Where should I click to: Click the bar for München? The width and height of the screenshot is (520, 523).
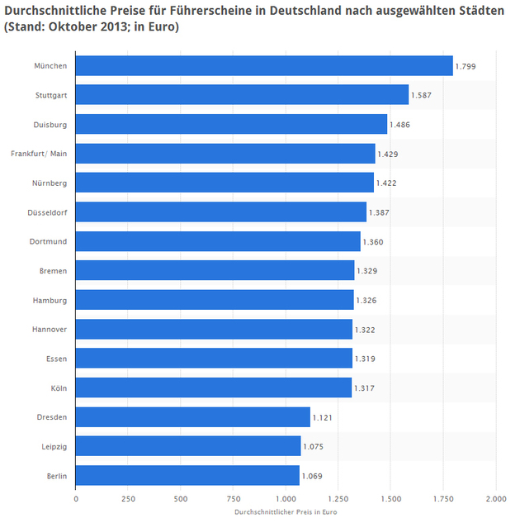coord(264,66)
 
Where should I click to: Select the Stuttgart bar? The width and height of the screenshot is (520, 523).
coord(242,95)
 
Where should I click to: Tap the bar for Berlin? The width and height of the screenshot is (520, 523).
coord(187,475)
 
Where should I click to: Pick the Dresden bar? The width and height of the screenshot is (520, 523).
coord(192,416)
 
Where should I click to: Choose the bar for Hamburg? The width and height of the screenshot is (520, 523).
coord(215,300)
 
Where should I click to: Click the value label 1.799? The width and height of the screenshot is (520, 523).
coord(466,66)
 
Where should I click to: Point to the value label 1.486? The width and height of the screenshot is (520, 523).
coord(399,125)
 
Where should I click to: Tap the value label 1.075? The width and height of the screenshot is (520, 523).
coord(314,446)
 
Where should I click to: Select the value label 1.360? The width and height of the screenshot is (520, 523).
coord(373,242)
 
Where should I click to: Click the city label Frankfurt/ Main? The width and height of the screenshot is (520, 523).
coord(39,154)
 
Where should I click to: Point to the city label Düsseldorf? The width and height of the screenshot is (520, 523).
coord(47,212)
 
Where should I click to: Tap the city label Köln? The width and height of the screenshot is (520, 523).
coord(59,387)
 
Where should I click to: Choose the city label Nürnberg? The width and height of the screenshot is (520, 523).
coord(50,183)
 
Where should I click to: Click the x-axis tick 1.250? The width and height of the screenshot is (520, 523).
coord(338,499)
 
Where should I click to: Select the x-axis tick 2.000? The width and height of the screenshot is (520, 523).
coord(495,499)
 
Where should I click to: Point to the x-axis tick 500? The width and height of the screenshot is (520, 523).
coord(181,499)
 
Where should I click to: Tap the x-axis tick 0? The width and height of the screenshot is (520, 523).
coord(76,499)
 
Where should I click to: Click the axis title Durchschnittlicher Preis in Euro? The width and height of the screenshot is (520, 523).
coord(286,512)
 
